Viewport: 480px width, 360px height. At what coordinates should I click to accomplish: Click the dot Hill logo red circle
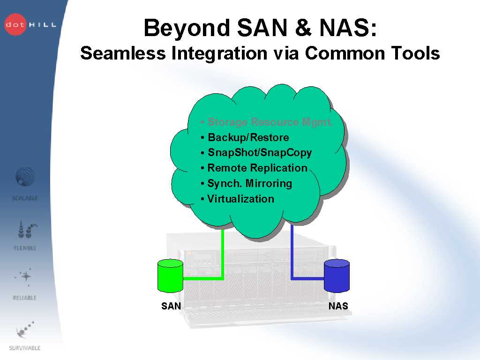tap(16, 25)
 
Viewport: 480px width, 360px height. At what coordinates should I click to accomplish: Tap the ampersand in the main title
tap(304, 28)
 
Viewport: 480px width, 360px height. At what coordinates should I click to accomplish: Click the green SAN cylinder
tap(170, 276)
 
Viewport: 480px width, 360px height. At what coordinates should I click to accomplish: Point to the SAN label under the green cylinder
tap(171, 306)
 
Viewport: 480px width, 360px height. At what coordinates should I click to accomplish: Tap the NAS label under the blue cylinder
tap(338, 306)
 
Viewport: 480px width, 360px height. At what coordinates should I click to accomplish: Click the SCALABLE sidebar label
tap(25, 198)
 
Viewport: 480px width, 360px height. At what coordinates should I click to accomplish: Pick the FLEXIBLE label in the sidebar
tap(25, 248)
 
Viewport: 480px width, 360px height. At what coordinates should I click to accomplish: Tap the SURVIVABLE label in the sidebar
tap(25, 348)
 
